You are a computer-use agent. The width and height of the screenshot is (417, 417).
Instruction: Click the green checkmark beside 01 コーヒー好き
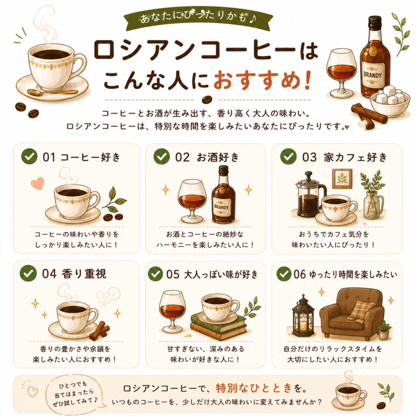29,156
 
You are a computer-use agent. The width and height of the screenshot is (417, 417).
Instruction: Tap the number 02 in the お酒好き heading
182,157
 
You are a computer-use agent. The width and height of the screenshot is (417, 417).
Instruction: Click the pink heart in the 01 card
37,183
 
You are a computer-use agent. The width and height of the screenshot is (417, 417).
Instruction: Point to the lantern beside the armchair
303,316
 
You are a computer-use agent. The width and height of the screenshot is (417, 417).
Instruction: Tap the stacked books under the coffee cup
219,327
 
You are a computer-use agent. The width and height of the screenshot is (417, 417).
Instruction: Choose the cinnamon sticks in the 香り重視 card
99,331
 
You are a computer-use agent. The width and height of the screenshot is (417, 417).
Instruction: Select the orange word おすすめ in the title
257,80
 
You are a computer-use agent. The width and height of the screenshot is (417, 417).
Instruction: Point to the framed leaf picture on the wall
342,178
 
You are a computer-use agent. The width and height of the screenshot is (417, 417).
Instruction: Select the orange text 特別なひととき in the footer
254,388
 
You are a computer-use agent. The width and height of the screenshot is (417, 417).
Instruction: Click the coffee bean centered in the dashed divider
207,100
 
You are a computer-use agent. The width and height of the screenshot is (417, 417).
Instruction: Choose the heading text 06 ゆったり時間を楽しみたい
345,274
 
